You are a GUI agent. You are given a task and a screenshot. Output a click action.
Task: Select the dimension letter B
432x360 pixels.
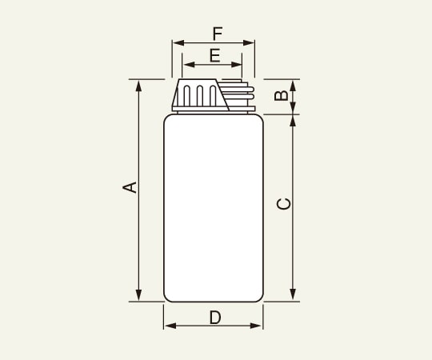(x=281, y=96)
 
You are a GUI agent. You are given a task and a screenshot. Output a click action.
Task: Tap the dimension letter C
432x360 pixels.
(x=283, y=203)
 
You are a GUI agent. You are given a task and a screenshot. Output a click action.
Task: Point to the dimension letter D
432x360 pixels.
(x=214, y=318)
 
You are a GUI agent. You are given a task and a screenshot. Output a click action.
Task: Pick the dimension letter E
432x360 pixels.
(x=214, y=55)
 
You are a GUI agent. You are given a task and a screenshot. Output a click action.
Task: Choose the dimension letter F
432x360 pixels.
(x=217, y=34)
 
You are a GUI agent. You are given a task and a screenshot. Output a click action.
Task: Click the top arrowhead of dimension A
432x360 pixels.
(x=139, y=84)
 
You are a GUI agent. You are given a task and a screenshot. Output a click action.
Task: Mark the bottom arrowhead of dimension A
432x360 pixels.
(x=139, y=297)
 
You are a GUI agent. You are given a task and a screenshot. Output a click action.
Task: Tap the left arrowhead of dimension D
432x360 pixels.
(x=168, y=326)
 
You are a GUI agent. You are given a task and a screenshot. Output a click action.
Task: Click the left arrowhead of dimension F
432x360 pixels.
(x=176, y=43)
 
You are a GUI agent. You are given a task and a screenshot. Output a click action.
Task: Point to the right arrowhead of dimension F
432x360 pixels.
(x=250, y=43)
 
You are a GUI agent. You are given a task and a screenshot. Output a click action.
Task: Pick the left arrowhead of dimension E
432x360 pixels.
(x=187, y=65)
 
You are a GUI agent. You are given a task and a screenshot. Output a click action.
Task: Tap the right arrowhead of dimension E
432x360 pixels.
(x=238, y=65)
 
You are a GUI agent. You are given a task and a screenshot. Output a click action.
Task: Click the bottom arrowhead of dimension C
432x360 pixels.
(x=293, y=297)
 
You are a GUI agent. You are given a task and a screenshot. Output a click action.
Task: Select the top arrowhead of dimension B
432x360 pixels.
(x=293, y=84)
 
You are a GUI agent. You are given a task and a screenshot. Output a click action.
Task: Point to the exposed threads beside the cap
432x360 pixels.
(x=241, y=94)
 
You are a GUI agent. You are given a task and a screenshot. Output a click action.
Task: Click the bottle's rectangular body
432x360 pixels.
(x=213, y=208)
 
